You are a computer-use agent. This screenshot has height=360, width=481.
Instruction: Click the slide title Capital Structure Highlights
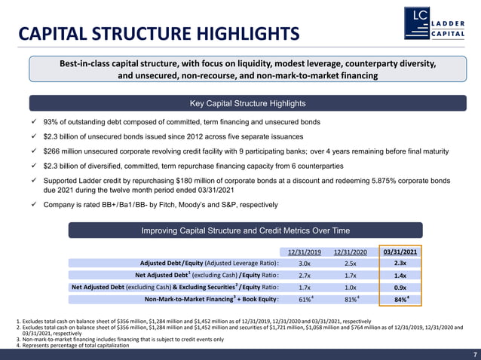[158, 33]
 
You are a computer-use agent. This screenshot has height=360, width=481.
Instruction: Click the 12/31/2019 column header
[305, 252]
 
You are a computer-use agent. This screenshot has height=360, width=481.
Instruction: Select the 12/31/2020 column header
[350, 252]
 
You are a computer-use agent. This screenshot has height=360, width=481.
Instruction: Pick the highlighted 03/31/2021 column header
[400, 252]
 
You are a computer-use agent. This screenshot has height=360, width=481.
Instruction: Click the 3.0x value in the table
[305, 264]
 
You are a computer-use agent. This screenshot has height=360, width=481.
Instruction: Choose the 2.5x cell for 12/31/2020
[350, 264]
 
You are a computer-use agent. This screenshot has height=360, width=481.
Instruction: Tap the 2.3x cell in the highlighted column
[400, 264]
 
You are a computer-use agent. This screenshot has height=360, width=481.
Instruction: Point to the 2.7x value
[305, 276]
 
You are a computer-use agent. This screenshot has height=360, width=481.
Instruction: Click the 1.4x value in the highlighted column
[400, 276]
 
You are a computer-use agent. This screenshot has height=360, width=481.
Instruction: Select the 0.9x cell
[400, 288]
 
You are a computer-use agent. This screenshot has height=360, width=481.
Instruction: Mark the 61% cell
[305, 300]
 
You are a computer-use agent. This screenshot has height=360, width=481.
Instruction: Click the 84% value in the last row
[400, 300]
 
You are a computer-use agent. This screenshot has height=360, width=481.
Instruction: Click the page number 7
[474, 354]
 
